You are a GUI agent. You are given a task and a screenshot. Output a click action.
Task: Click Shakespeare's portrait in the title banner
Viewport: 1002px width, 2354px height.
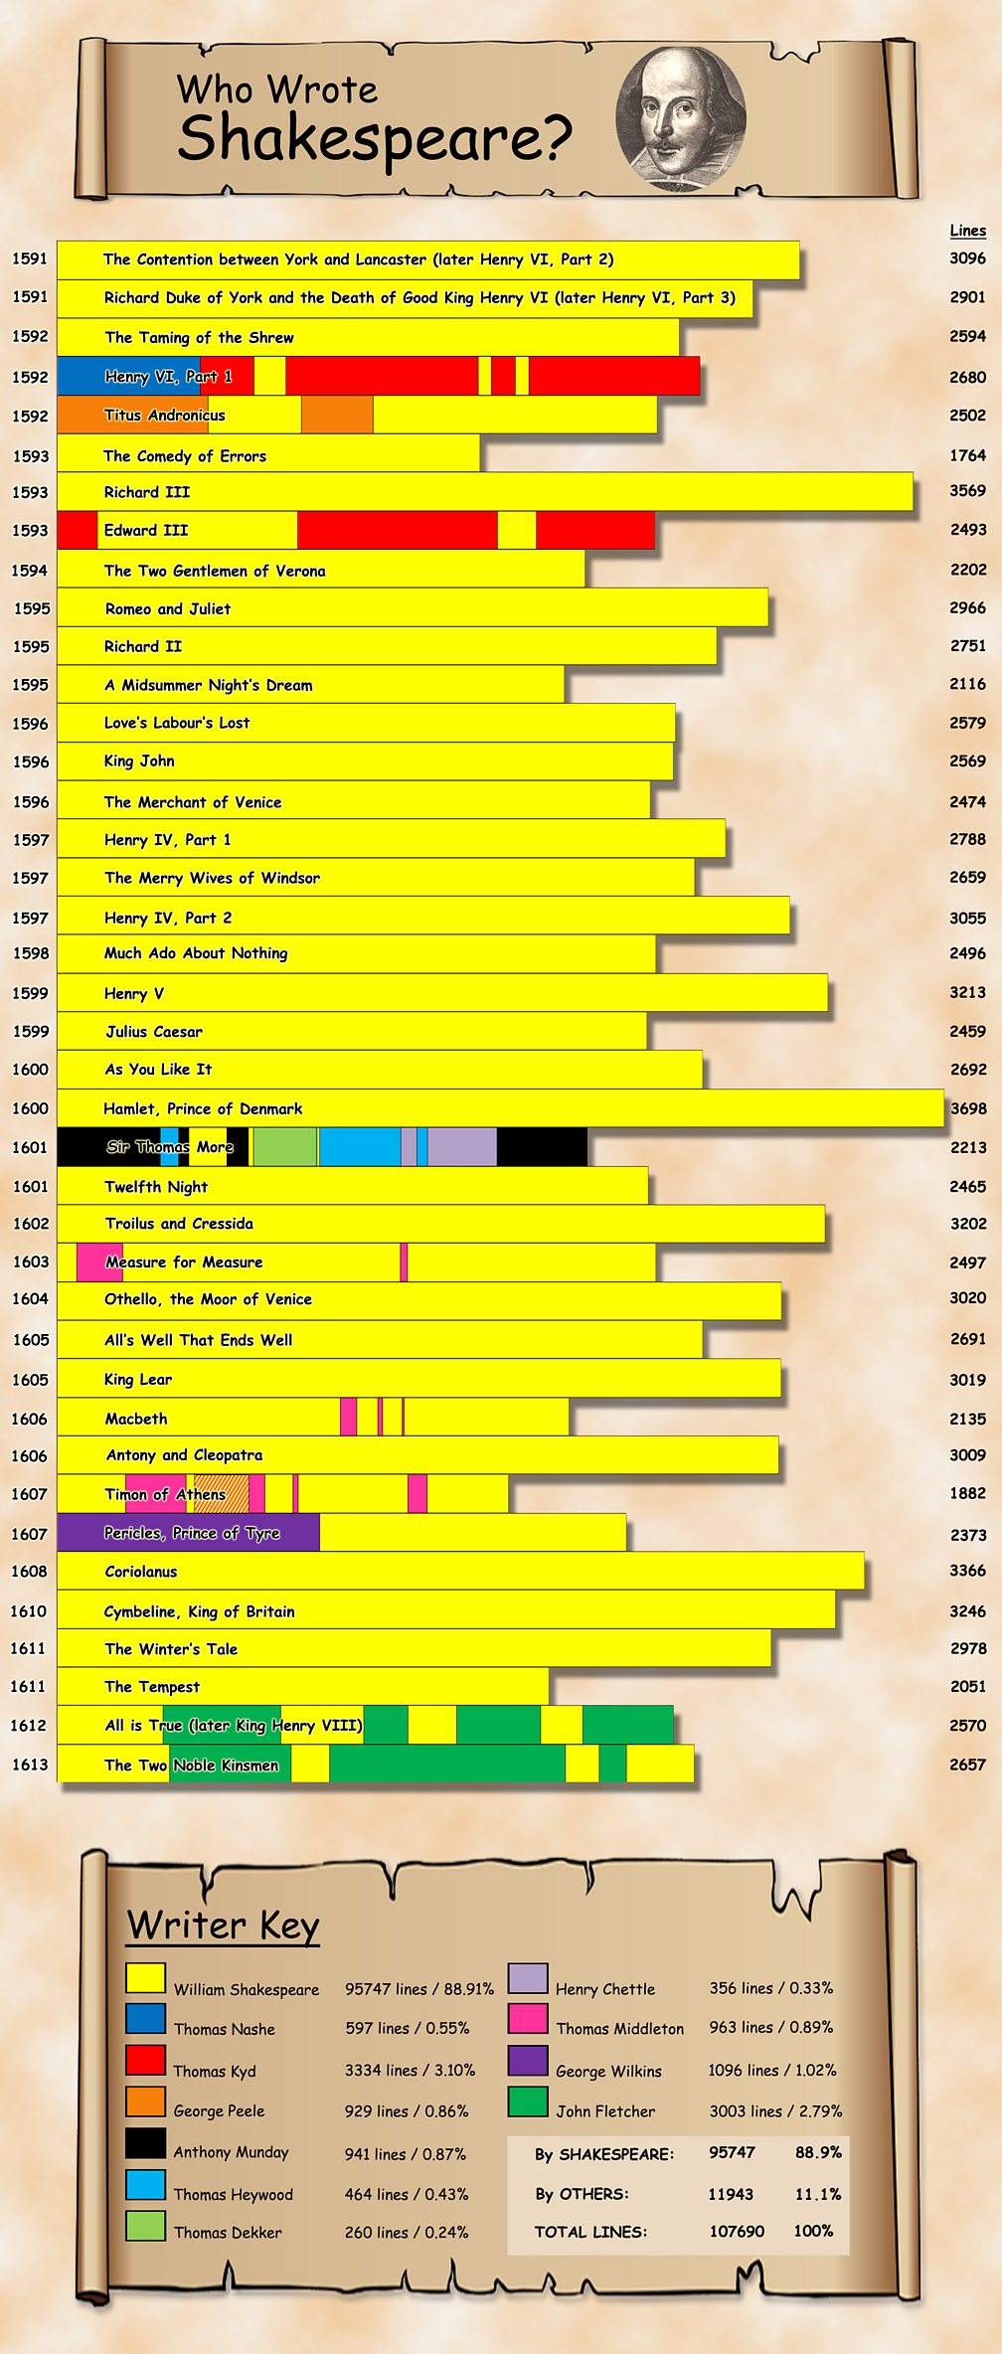[x=681, y=117]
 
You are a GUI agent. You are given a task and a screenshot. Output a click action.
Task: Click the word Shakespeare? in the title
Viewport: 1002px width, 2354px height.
[x=375, y=138]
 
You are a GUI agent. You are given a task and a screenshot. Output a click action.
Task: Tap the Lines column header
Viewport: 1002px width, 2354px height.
[x=967, y=231]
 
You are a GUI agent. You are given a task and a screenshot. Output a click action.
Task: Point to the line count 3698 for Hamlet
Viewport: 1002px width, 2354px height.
[x=967, y=1108]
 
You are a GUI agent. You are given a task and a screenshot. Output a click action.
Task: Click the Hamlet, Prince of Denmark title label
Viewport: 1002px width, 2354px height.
[x=203, y=1108]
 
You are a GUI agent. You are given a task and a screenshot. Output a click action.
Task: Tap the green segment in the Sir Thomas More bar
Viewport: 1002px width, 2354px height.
[x=285, y=1147]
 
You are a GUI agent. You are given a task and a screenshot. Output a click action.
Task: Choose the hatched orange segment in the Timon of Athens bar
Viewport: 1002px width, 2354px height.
[x=222, y=1494]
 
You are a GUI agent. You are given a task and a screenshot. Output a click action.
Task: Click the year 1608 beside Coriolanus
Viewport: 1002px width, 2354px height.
[x=30, y=1571]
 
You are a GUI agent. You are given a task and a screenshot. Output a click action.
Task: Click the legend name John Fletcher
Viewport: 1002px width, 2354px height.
[x=605, y=2110]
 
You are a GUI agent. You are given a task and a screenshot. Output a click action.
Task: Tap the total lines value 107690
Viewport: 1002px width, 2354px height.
[x=737, y=2231]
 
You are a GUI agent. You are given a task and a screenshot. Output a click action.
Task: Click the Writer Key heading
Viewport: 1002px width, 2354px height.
[x=223, y=1925]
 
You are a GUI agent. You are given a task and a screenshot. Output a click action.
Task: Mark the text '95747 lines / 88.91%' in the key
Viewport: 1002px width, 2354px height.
[x=418, y=1988]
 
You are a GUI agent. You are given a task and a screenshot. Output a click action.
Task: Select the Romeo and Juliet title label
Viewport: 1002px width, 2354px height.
[x=168, y=608]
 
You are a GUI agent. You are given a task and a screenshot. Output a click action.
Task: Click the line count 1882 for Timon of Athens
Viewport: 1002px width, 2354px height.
[x=967, y=1493]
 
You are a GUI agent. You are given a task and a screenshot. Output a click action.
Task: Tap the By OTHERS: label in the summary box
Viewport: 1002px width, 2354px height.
[x=582, y=2194]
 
